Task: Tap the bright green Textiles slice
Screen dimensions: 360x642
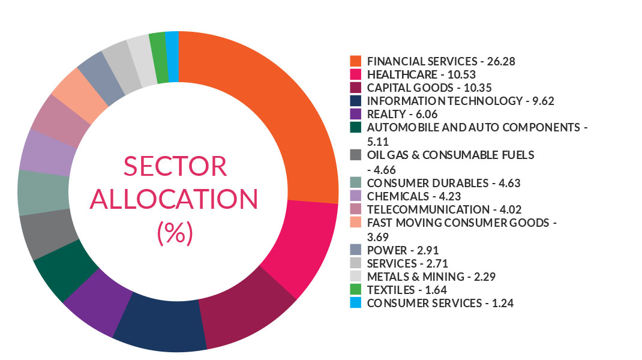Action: pos(159,59)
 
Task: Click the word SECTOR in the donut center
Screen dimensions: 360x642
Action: pos(175,166)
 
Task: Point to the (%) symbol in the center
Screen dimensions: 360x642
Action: pos(175,232)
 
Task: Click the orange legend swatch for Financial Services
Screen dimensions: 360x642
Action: pos(356,61)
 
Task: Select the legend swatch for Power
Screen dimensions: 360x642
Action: pos(356,250)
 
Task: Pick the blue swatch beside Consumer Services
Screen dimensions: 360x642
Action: pos(356,303)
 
